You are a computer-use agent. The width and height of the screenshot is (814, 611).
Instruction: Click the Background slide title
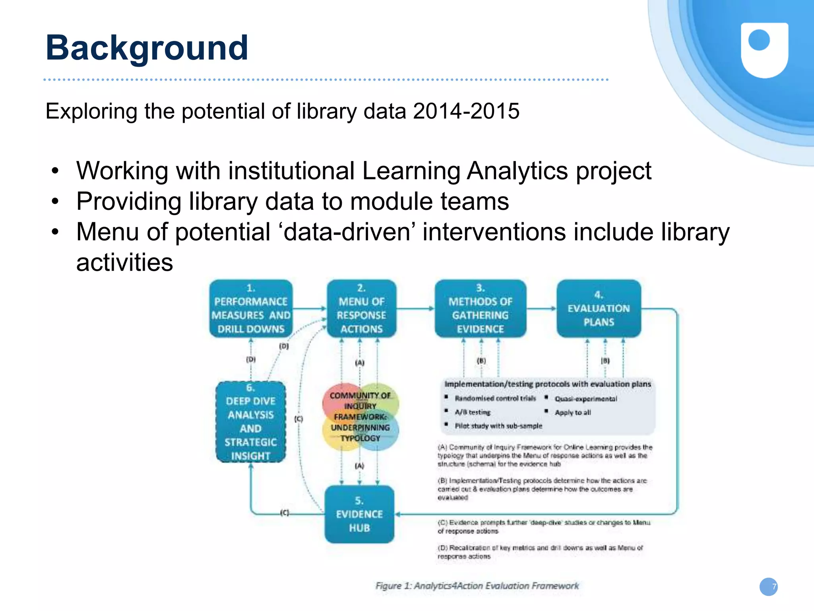tap(147, 48)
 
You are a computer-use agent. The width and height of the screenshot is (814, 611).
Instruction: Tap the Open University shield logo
tap(764, 50)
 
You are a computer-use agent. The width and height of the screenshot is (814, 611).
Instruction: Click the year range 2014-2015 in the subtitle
tap(466, 111)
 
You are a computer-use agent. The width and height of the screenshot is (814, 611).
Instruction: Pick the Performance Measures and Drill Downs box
tap(251, 309)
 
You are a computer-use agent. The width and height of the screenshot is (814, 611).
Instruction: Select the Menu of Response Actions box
tap(361, 309)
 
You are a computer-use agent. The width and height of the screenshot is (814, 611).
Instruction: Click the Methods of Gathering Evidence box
tap(480, 309)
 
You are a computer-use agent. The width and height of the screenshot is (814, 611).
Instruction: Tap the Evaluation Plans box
tap(599, 309)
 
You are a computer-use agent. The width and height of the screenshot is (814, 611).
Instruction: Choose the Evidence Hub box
tap(359, 514)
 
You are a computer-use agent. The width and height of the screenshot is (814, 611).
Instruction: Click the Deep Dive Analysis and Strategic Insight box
tap(251, 422)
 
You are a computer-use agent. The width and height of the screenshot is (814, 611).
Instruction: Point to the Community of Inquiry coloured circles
tap(360, 417)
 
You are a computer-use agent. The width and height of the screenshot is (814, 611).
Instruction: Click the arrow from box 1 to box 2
tap(310, 308)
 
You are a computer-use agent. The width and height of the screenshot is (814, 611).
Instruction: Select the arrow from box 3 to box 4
tap(541, 308)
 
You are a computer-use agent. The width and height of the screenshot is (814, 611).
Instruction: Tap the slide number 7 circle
tap(769, 587)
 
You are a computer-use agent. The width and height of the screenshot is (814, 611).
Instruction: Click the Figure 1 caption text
tap(477, 586)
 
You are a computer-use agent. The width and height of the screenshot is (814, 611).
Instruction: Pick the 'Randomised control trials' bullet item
tap(495, 398)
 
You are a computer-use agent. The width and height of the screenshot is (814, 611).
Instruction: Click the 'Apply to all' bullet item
tap(573, 413)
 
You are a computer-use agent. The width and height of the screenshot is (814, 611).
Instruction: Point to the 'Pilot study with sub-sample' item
tap(498, 426)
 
